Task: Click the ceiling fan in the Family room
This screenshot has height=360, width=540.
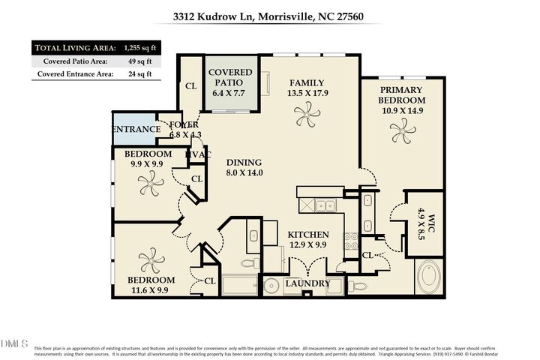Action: coord(306,115)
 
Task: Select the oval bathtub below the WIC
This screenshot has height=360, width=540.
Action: coord(430,277)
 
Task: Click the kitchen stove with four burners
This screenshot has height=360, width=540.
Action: coord(350,241)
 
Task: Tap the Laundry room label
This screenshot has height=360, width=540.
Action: coord(307,283)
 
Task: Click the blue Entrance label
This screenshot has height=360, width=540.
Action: coord(136,130)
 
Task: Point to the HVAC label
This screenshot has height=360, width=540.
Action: coord(198,154)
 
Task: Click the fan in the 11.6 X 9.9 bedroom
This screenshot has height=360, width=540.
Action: coord(151,260)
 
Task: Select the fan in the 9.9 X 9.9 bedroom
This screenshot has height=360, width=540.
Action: coord(151,181)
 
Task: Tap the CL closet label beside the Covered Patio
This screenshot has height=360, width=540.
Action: coord(190,86)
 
